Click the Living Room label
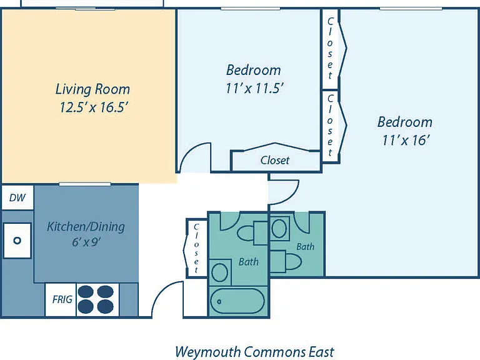pos(92,89)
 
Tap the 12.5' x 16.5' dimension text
pos(93,107)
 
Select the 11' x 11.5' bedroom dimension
pos(254,89)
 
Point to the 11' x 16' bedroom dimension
pos(406,140)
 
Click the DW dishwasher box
pos(17,197)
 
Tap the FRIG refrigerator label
pos(62,299)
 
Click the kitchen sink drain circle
pos(17,241)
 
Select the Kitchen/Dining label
pos(86,227)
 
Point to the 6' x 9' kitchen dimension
pos(87,242)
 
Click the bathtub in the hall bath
pos(237,301)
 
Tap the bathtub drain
pos(219,301)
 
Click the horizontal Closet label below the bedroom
pos(275,160)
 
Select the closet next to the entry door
pos(196,248)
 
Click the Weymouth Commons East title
pos(255,352)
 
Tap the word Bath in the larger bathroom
pos(249,262)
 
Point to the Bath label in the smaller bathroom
pos(305,246)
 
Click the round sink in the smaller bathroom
pos(279,228)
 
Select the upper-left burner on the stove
pos(86,292)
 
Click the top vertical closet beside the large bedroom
pos(330,48)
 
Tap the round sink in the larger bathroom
pos(219,272)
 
